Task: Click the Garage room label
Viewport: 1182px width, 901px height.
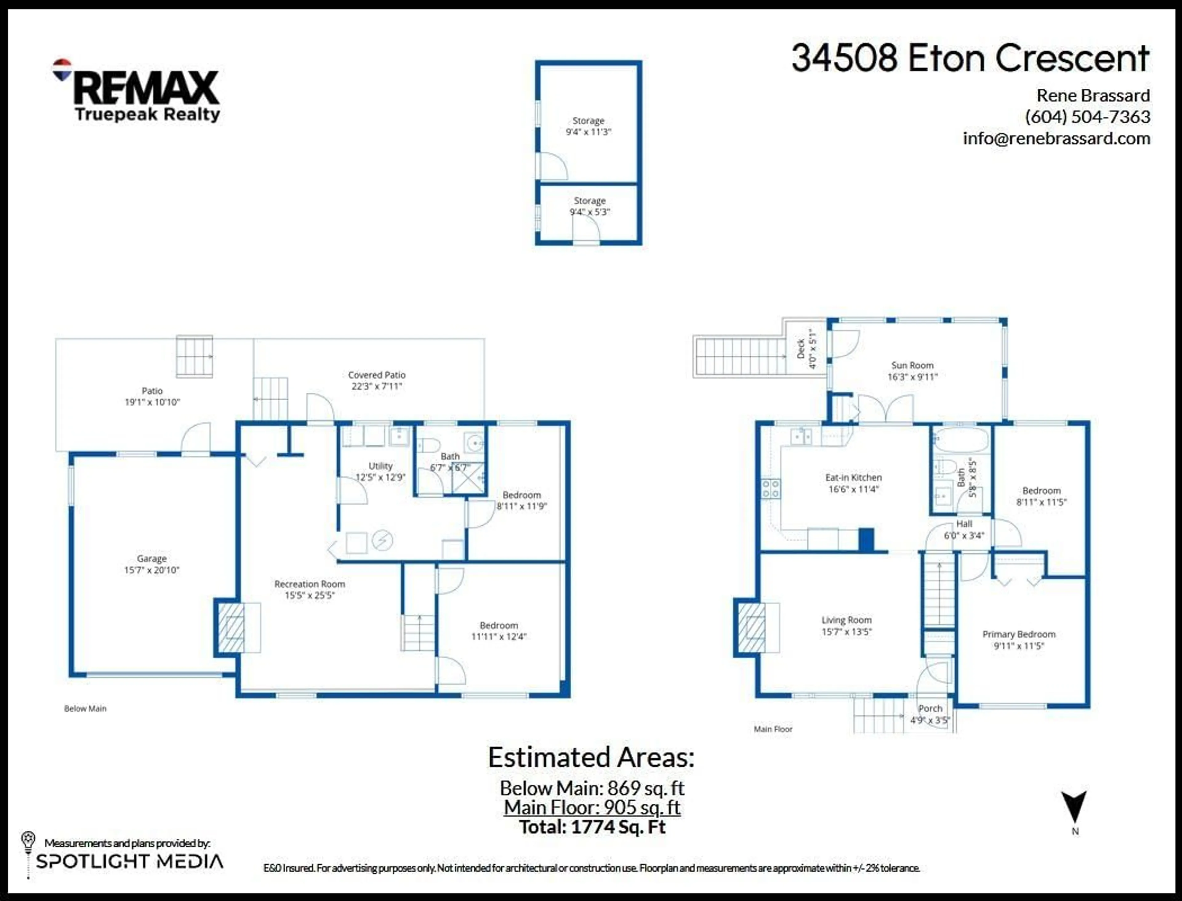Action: [152, 558]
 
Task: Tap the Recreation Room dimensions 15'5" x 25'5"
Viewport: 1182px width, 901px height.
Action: [309, 595]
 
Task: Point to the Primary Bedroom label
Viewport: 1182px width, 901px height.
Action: [1019, 634]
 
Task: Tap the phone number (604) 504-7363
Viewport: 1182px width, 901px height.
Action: [1087, 117]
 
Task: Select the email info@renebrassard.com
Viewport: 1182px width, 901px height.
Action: [1056, 138]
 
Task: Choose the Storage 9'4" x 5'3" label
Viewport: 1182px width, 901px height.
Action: [590, 206]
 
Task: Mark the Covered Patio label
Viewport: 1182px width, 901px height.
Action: [376, 375]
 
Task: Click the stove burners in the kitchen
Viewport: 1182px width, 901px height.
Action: [771, 489]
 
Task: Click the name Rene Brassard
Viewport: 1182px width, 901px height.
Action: [1093, 95]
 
